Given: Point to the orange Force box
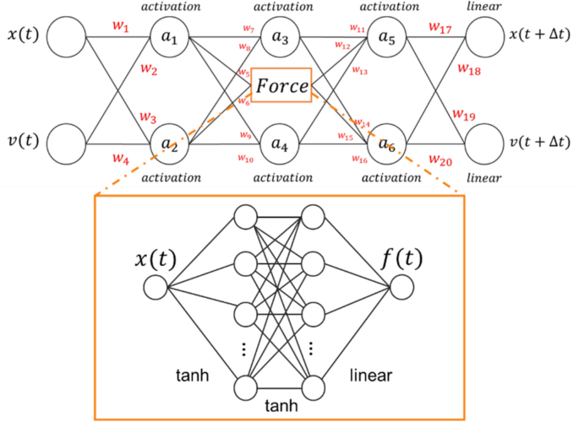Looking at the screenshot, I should [x=281, y=86].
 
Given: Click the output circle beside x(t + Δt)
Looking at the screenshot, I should [x=485, y=38].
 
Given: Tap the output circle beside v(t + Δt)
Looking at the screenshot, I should [x=485, y=143].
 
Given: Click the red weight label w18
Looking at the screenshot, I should [x=468, y=70].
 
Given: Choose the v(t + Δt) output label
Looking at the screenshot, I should [x=541, y=141].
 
